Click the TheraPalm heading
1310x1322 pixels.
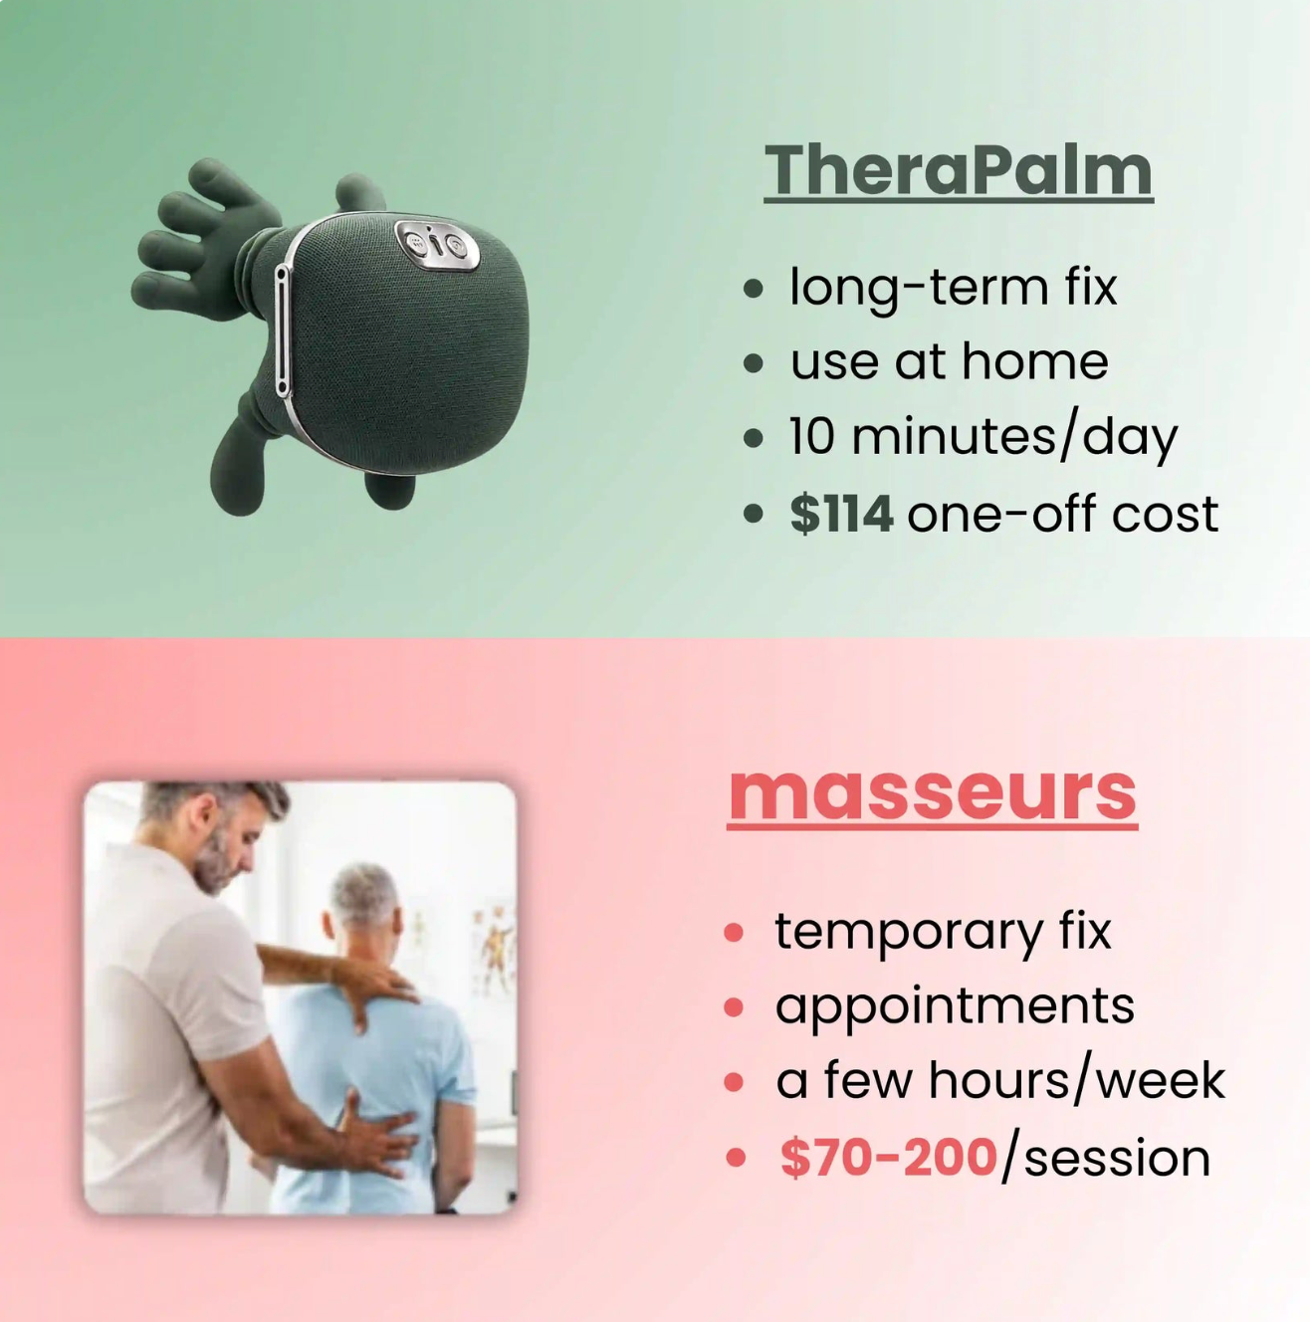[958, 170]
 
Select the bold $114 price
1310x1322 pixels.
[841, 514]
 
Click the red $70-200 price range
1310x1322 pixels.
[888, 1157]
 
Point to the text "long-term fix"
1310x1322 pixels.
[953, 287]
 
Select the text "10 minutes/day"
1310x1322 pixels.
[982, 437]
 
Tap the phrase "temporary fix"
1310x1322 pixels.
[942, 932]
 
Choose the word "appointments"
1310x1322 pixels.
[954, 1005]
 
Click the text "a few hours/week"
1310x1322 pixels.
[999, 1081]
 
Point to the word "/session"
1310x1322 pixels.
[1106, 1158]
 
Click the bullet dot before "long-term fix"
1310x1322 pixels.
[754, 289]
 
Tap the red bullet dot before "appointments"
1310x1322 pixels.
[735, 1007]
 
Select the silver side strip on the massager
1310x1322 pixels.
[283, 329]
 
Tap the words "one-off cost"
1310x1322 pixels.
[1061, 514]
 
